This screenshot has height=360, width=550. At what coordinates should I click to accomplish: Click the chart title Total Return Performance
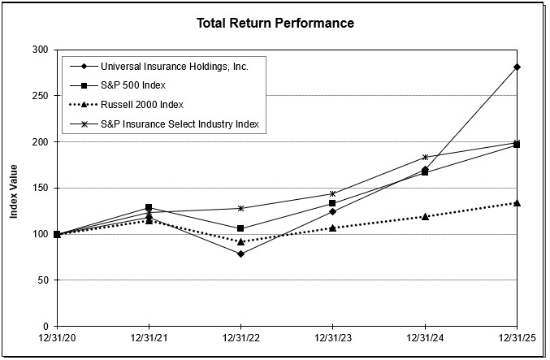(275, 23)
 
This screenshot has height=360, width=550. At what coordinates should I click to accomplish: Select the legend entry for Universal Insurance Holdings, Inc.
(174, 66)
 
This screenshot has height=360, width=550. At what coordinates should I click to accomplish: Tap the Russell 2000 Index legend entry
(141, 105)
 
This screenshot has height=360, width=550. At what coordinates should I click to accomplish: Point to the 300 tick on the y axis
(39, 50)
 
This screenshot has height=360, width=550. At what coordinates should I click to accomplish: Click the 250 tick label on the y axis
(39, 96)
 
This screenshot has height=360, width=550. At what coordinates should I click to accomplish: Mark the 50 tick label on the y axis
(41, 280)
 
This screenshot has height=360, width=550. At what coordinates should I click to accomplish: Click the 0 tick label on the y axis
(44, 327)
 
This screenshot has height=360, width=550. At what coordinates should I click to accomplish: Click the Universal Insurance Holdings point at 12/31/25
(517, 67)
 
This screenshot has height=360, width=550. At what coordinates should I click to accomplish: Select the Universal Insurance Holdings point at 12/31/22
(240, 254)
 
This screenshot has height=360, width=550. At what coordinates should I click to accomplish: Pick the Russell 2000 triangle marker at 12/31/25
(517, 202)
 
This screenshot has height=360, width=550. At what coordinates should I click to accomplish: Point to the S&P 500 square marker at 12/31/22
(240, 228)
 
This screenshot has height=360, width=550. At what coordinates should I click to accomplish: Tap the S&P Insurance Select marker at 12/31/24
(425, 157)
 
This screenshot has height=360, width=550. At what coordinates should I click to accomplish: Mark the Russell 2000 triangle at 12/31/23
(332, 228)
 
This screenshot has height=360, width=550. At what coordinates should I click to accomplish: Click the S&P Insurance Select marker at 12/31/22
(240, 208)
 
